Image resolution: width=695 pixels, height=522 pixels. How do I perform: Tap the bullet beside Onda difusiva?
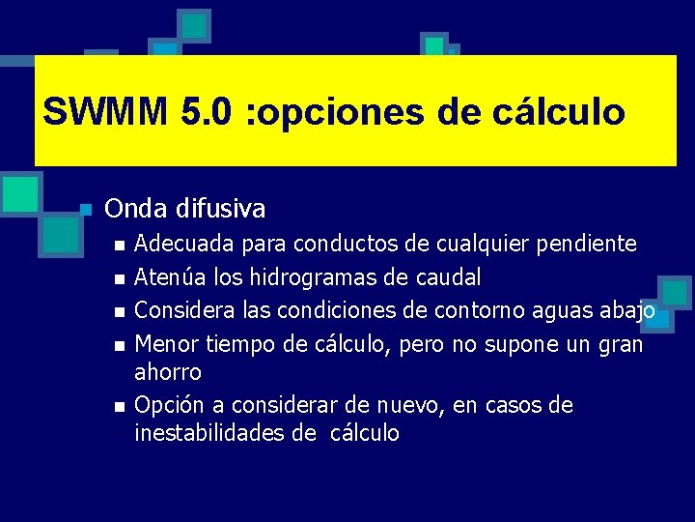pos(85,210)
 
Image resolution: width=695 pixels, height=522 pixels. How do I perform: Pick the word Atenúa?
pos(165,278)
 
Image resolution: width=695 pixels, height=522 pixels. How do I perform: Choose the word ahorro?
pos(168,372)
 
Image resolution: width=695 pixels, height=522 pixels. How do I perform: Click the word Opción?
pos(166,405)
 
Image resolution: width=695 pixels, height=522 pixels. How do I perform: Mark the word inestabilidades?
pos(208,433)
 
